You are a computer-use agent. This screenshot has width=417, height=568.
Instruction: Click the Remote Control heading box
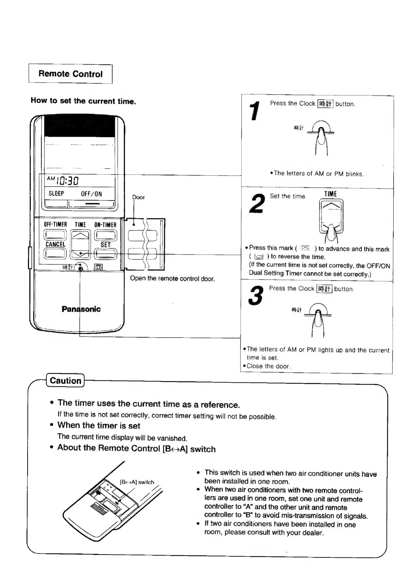pos(70,74)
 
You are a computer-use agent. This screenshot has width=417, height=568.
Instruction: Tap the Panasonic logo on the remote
pos(81,309)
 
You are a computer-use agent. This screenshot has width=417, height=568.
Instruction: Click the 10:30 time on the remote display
pos(67,181)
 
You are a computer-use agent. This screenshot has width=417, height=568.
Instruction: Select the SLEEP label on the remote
pos(56,194)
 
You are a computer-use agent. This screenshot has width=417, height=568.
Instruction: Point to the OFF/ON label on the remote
pos(91,194)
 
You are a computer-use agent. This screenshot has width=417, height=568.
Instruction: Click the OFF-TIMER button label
pos(55,224)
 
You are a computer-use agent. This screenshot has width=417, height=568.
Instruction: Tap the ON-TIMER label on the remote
pos(105,224)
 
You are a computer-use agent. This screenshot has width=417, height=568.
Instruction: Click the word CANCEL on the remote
pos(55,244)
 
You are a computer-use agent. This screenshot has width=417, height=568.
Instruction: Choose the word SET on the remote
pos(105,244)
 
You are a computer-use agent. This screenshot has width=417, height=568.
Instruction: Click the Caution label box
pos(65,381)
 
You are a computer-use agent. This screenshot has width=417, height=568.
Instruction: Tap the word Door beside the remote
pos(138,197)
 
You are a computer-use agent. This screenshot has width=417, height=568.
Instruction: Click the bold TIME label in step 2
pos(330,194)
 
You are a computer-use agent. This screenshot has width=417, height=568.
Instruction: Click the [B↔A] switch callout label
pos(137,482)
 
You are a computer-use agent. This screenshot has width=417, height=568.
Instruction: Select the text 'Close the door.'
pos(268,366)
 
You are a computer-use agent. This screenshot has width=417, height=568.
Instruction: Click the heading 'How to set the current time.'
pos(83,101)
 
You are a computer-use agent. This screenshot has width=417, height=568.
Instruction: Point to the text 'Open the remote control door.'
pos(172,279)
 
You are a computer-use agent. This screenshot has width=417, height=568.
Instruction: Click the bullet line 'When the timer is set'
pos(99,426)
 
